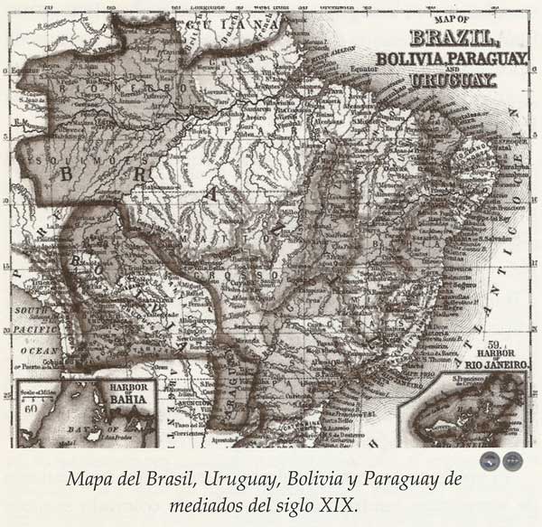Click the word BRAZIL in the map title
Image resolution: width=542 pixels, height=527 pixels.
coord(454,38)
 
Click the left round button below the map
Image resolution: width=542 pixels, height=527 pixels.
coord(491,460)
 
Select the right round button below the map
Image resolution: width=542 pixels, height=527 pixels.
coord(512,460)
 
